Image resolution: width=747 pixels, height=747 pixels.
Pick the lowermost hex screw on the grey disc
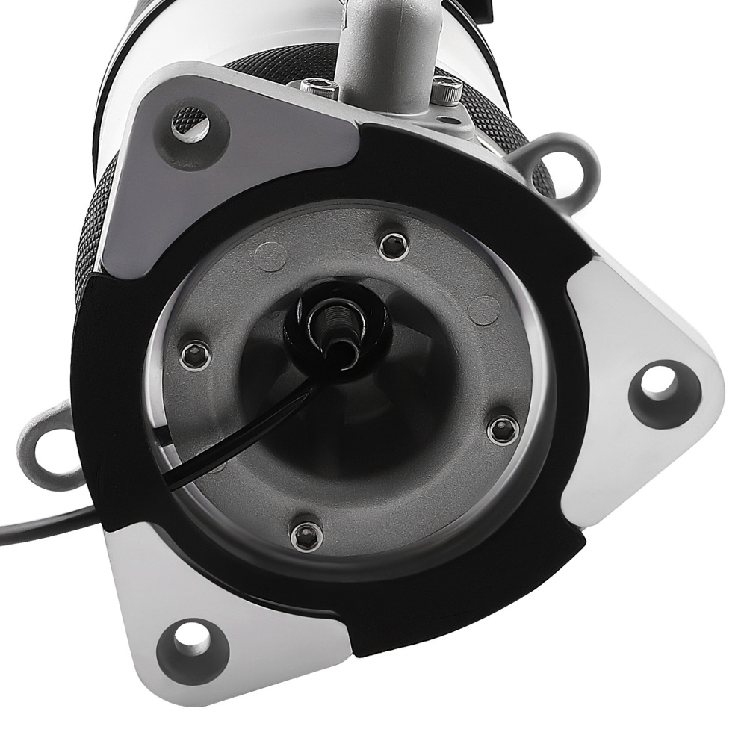click(304, 534)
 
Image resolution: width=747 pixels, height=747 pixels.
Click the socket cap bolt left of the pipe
click(320, 87)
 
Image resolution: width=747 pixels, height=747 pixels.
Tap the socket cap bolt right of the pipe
click(444, 93)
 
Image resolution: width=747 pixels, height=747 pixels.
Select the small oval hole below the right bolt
click(447, 119)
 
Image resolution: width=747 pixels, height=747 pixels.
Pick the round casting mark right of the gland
click(484, 308)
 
